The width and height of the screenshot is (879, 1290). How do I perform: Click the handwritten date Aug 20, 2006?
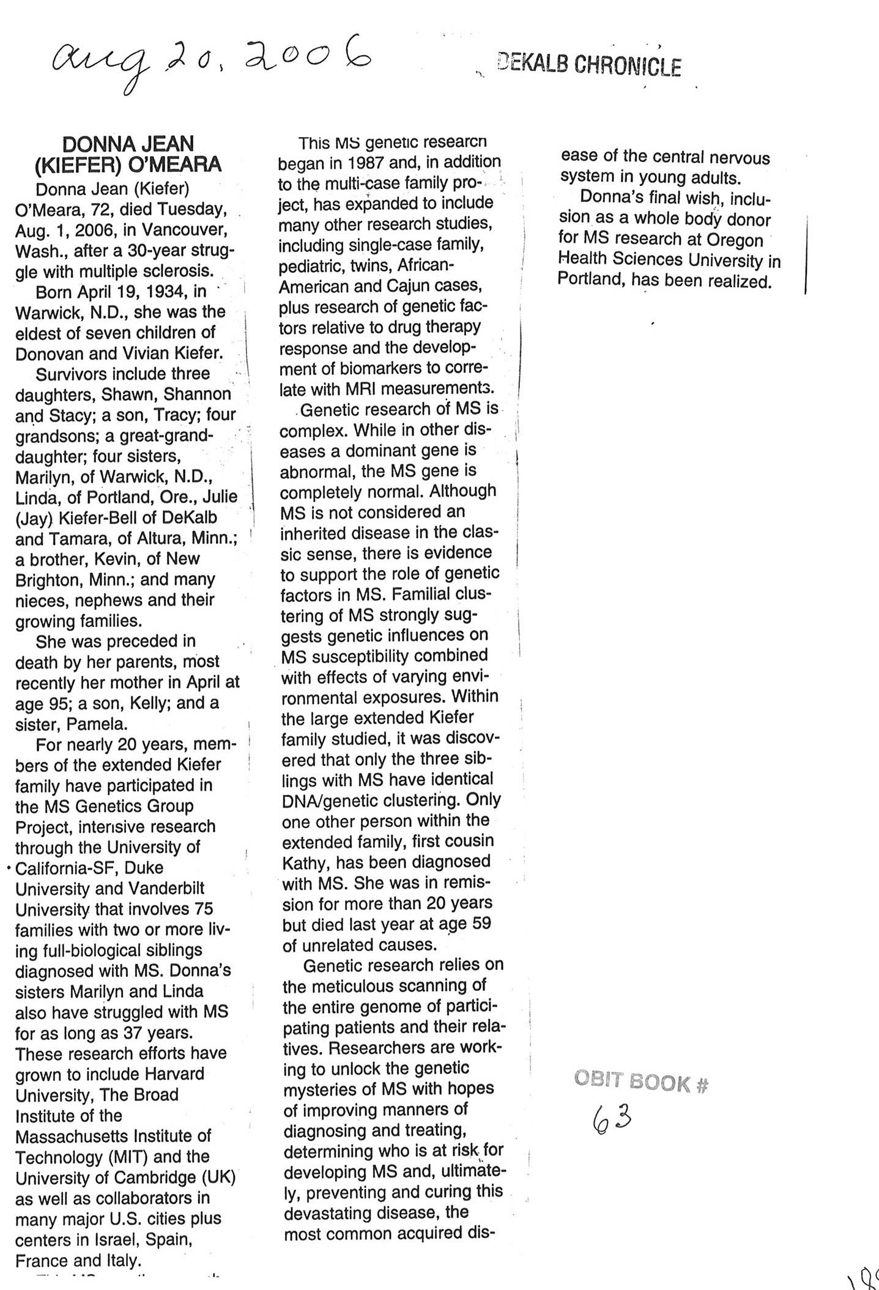click(211, 61)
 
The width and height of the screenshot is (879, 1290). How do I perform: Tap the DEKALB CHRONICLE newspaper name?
click(590, 66)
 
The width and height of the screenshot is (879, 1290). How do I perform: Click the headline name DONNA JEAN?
click(128, 144)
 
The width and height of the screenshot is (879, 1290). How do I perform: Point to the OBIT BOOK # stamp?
click(641, 1082)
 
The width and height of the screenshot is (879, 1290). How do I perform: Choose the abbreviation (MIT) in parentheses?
click(128, 1157)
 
